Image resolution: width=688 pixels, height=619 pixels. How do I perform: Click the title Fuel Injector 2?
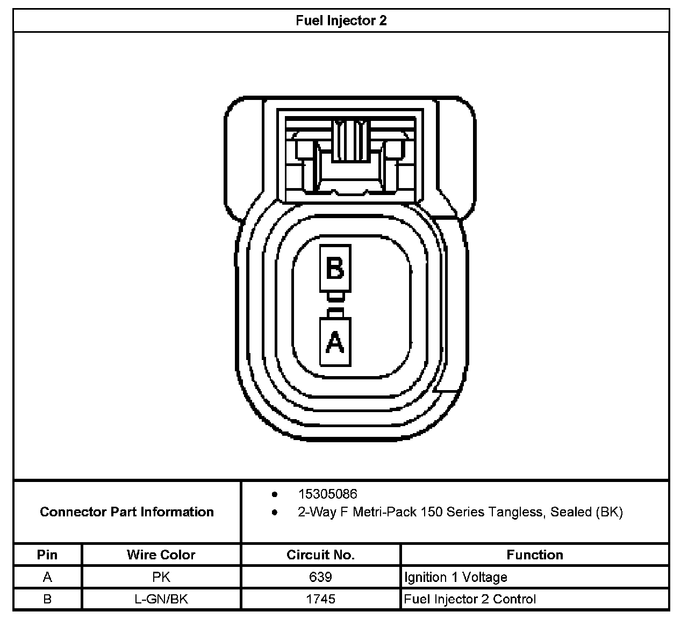click(341, 21)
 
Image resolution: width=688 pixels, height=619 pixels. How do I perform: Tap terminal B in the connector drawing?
click(335, 268)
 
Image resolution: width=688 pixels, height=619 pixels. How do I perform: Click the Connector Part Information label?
click(127, 512)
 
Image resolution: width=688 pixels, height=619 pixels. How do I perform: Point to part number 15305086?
click(327, 494)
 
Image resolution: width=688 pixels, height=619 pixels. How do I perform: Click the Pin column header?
click(47, 555)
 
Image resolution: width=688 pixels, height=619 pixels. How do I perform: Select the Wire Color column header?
click(161, 555)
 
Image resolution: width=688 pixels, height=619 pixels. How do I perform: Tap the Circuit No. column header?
click(320, 555)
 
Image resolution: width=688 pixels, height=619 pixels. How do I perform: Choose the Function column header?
click(535, 555)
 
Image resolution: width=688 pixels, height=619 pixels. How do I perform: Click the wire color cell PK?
click(161, 577)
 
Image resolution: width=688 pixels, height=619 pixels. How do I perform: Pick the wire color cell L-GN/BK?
click(161, 599)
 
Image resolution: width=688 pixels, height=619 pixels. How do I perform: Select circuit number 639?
click(320, 577)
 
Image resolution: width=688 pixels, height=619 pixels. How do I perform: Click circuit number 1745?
click(320, 599)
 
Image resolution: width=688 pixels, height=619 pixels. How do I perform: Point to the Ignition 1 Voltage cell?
click(456, 577)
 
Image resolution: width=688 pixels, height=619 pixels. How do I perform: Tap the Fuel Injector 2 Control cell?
click(470, 599)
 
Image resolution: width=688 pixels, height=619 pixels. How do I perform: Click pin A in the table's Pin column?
click(47, 577)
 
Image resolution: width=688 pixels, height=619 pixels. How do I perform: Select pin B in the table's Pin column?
click(47, 599)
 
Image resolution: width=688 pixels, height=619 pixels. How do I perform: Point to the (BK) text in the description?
click(609, 512)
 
